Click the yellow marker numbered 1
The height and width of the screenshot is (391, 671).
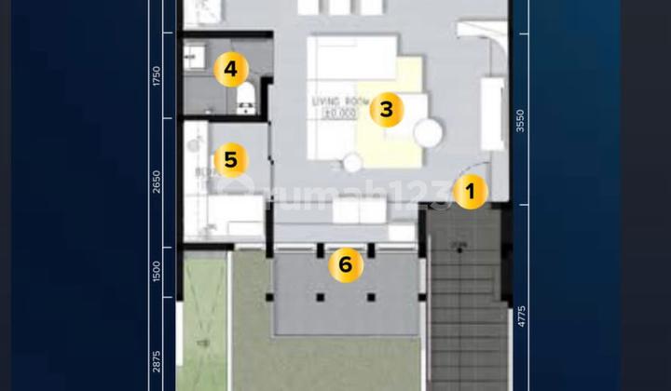471,193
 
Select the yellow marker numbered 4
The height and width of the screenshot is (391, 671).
230,70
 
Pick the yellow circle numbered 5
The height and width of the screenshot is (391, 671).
230,160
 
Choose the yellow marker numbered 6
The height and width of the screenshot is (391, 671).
345,265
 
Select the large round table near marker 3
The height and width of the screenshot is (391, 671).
430,132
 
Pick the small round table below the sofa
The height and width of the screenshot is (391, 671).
352,164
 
